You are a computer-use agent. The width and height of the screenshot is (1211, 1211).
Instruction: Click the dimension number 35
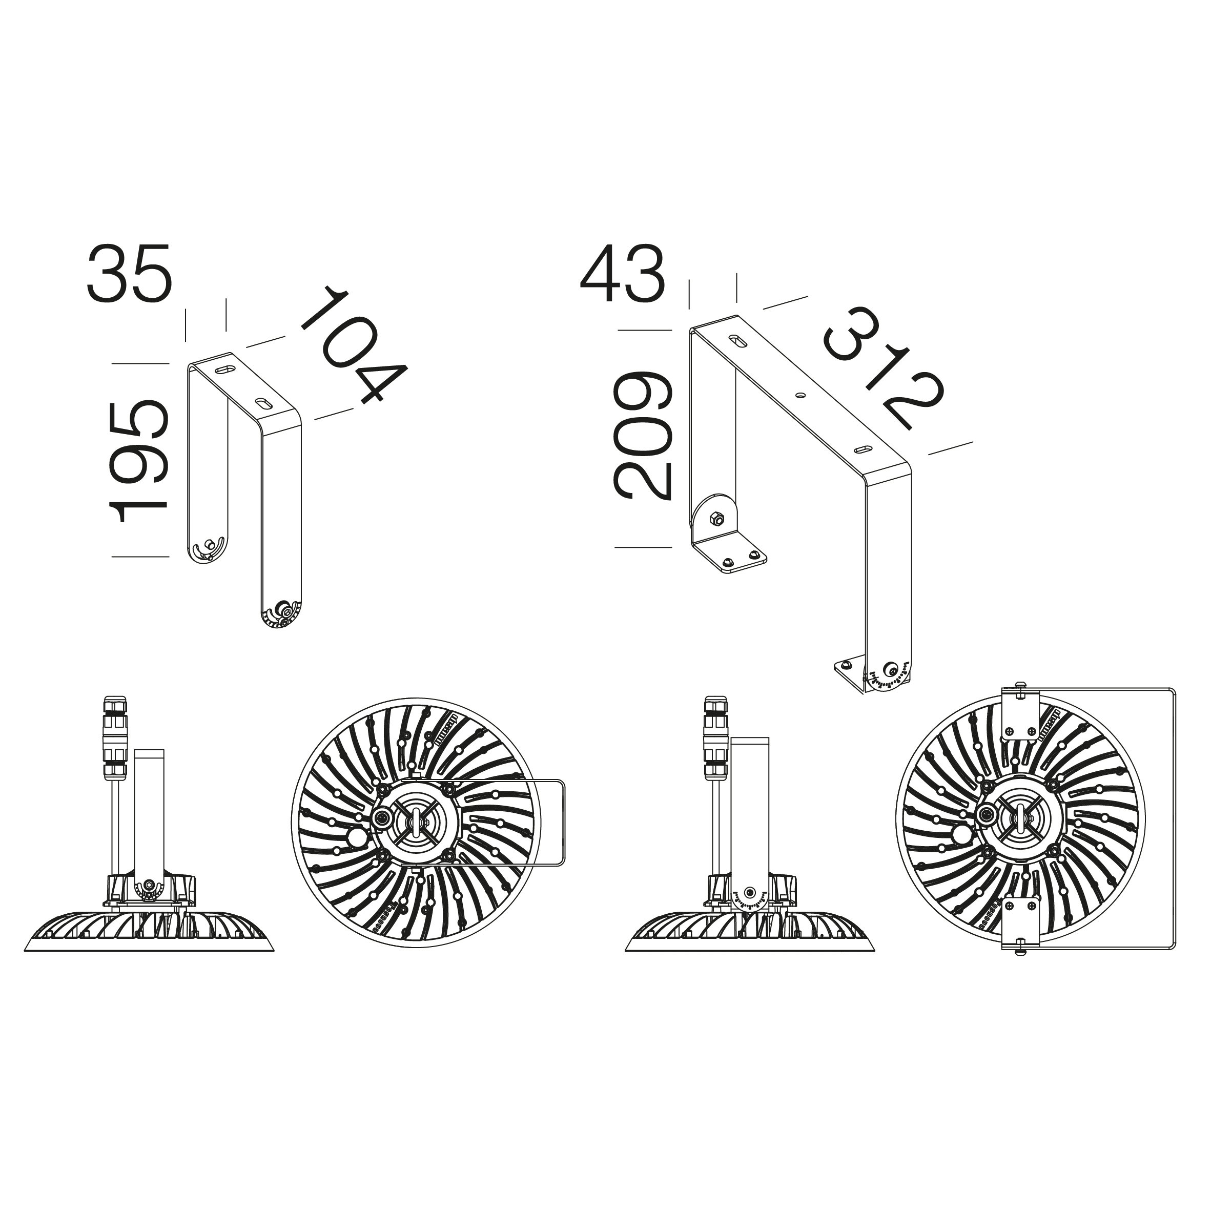129,273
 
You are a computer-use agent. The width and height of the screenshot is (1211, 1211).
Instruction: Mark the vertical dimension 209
642,436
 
